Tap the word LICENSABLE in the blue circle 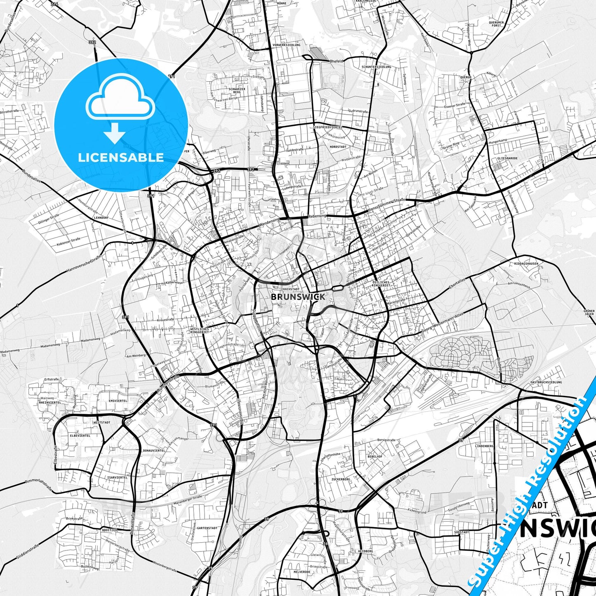tap(121, 158)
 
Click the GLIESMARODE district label tap(507, 158)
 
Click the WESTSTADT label tap(101, 423)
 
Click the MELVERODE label tap(302, 572)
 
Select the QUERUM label tap(466, 77)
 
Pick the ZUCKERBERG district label tap(340, 479)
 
